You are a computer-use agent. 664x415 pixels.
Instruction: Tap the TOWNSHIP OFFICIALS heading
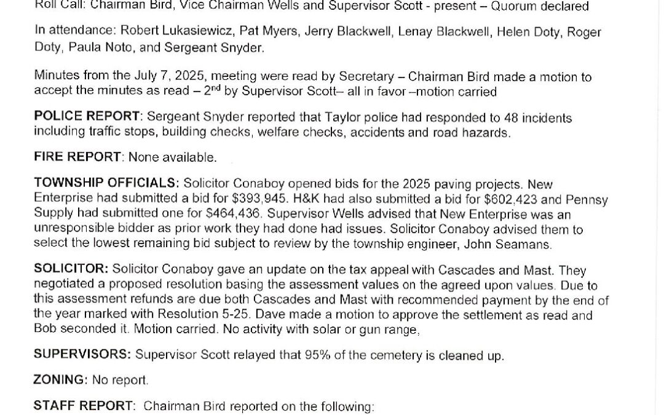pyautogui.click(x=106, y=183)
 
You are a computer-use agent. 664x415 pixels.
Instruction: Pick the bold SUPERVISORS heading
pyautogui.click(x=82, y=354)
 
